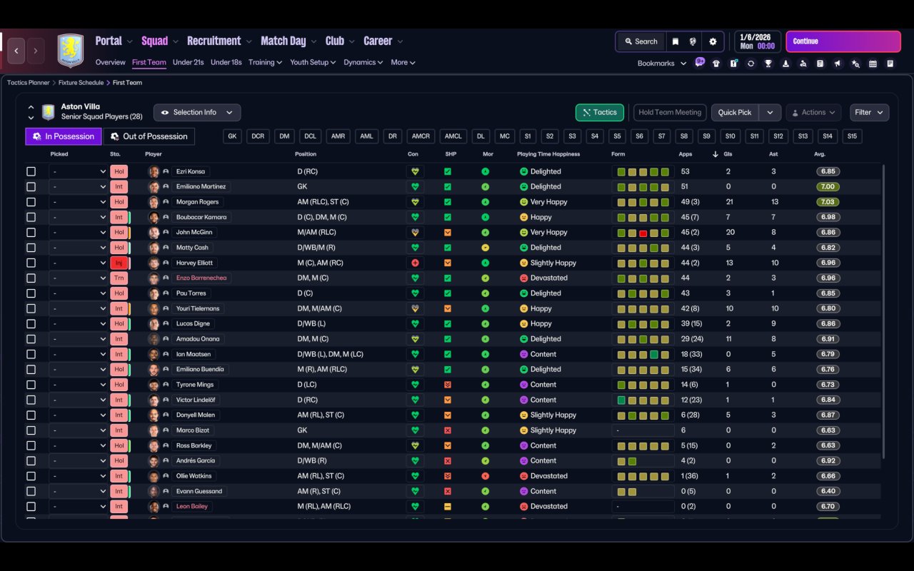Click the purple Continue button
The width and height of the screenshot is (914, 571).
coord(843,41)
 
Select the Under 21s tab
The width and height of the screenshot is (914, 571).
coord(188,62)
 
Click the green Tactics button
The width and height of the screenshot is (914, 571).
coord(599,112)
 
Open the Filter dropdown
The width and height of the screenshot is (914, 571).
coord(869,112)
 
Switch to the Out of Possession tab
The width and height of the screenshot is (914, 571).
coord(149,136)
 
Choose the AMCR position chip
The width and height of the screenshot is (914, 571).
coord(421,136)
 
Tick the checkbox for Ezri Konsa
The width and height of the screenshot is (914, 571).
coord(31,171)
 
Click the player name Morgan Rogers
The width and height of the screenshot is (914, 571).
coord(198,202)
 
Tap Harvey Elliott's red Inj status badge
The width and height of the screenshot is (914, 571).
coord(119,263)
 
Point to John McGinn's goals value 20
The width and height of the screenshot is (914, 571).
coord(730,232)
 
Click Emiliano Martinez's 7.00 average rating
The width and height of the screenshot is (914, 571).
coord(828,186)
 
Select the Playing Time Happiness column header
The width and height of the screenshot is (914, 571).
coord(548,154)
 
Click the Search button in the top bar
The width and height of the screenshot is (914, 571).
coord(641,41)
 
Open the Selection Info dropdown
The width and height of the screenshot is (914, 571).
coord(197,112)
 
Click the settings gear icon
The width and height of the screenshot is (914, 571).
coord(713,41)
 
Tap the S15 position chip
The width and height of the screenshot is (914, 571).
coord(852,136)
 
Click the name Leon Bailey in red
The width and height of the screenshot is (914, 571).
coord(192,506)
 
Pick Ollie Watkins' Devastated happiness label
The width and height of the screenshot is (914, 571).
coord(549,476)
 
